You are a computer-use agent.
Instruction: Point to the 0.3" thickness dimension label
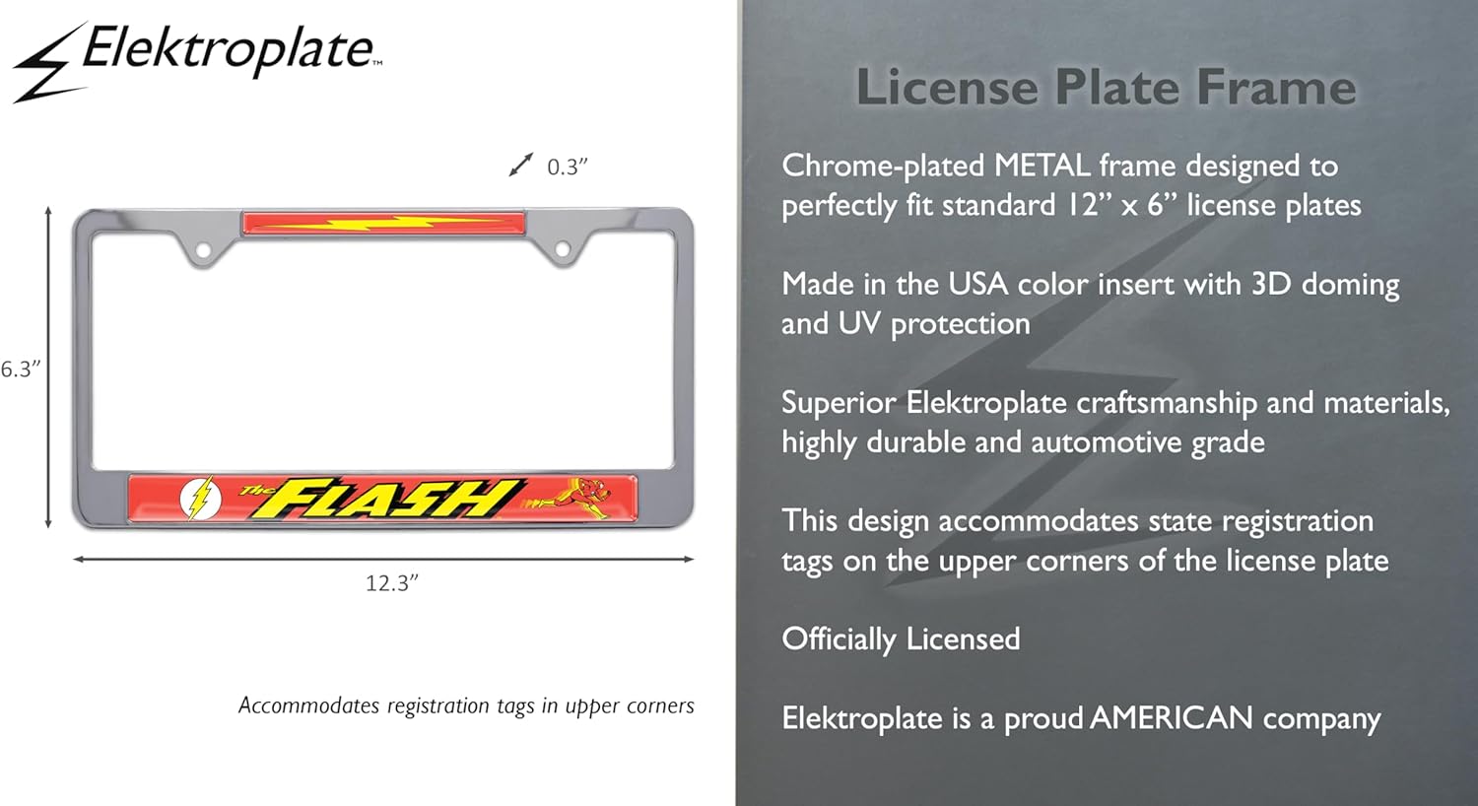point(567,167)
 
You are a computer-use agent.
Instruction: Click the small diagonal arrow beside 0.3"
point(520,165)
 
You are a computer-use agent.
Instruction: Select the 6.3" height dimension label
point(21,369)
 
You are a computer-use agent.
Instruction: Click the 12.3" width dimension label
point(392,583)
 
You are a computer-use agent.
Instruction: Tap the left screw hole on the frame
point(203,250)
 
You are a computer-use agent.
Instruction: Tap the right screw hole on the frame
point(563,249)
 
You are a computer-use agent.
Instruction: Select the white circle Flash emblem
point(201,499)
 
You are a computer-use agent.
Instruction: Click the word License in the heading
point(948,87)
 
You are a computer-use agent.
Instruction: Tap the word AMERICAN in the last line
point(1172,718)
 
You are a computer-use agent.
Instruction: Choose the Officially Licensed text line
point(901,639)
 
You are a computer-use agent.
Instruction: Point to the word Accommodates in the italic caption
point(308,705)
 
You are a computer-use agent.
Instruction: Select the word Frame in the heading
point(1276,87)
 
